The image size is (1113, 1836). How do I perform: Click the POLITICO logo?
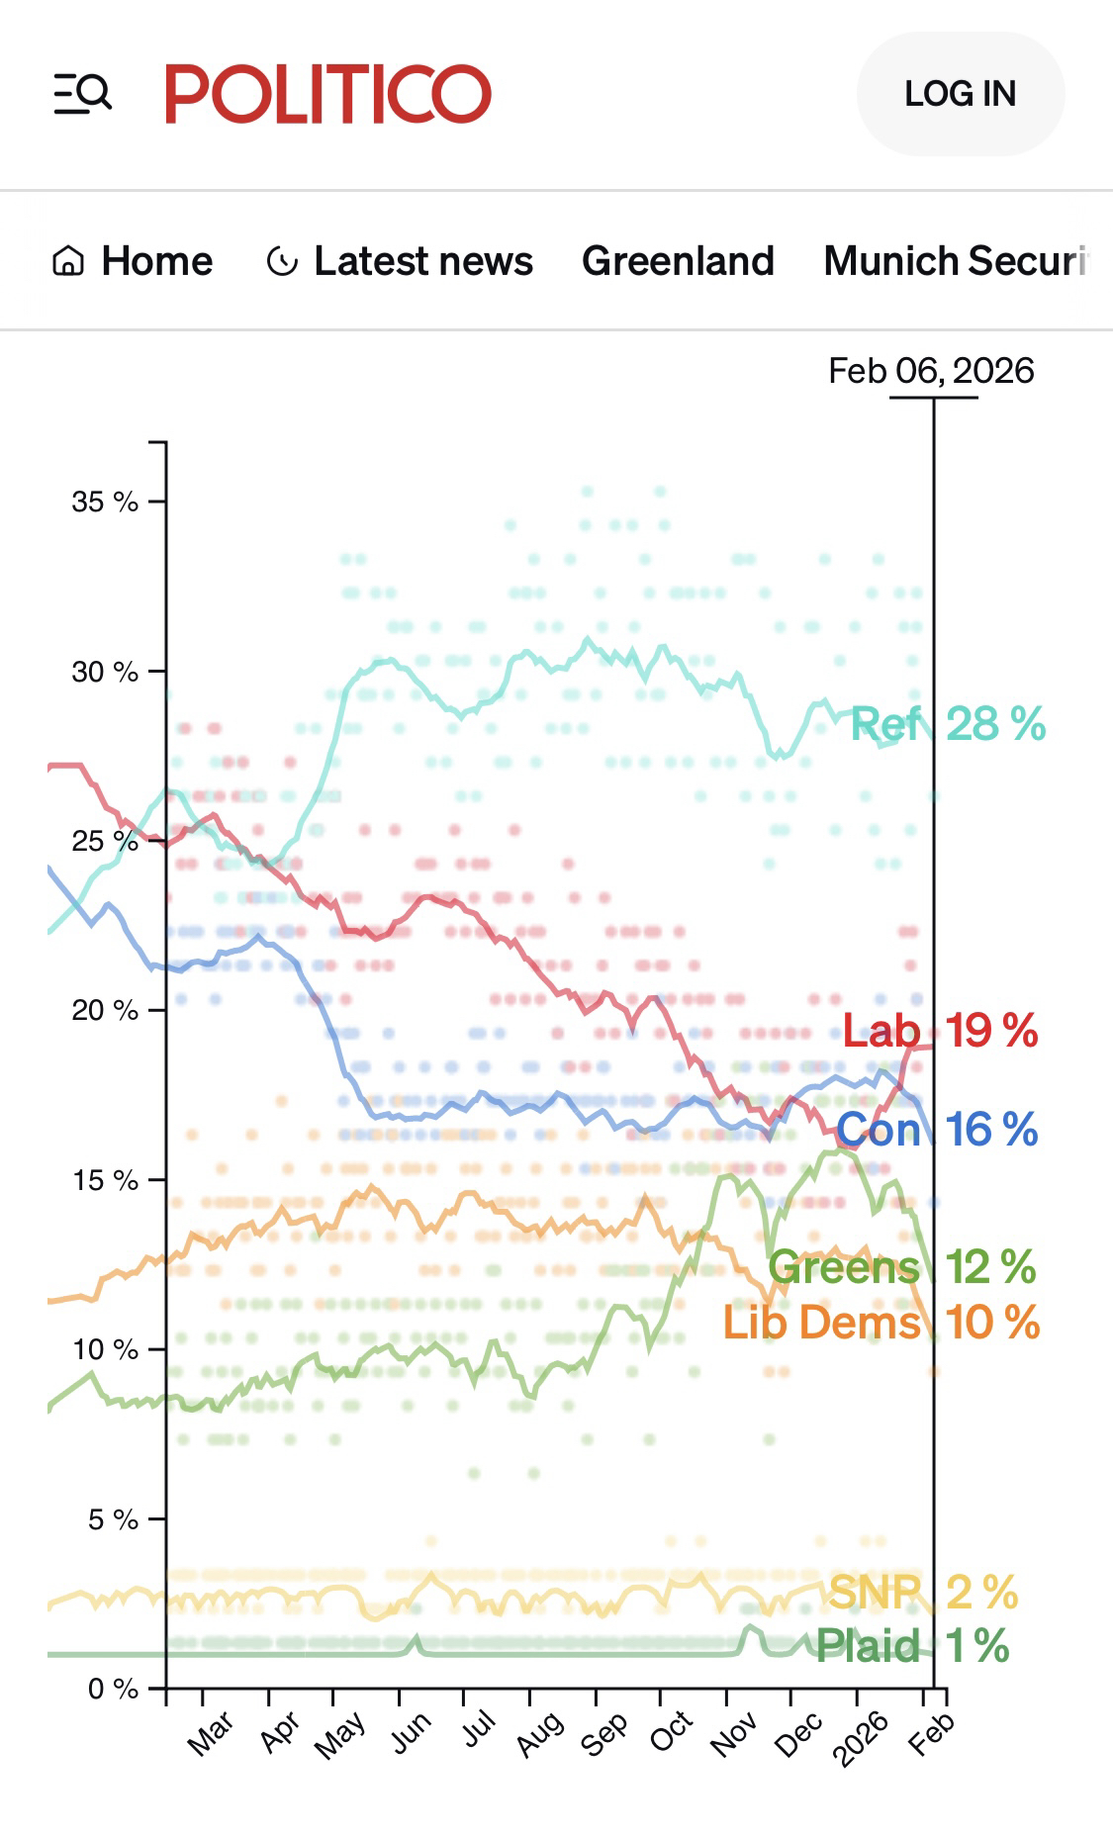[x=327, y=94]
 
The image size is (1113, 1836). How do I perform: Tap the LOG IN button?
[x=960, y=94]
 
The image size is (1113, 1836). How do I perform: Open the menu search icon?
[x=82, y=94]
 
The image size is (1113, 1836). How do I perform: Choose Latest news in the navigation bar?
[x=400, y=261]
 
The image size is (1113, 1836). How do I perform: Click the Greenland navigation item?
[x=678, y=261]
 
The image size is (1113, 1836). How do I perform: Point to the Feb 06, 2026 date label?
[x=931, y=371]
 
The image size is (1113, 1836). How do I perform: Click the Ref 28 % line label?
[x=947, y=724]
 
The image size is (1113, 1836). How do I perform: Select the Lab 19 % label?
[x=940, y=1031]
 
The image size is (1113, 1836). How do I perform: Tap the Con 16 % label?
[x=937, y=1129]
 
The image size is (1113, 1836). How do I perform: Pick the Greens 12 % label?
[x=901, y=1266]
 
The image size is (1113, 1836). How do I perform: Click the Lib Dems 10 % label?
[x=881, y=1323]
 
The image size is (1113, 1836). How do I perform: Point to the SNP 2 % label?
[x=922, y=1593]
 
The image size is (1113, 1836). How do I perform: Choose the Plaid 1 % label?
[x=912, y=1646]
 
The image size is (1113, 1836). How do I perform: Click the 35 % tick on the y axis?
[x=104, y=502]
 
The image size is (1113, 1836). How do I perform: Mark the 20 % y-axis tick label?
[x=104, y=1010]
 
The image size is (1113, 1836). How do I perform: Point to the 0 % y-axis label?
[x=112, y=1688]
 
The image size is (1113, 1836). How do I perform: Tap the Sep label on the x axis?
[x=604, y=1733]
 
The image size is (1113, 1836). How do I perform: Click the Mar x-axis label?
[x=211, y=1733]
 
